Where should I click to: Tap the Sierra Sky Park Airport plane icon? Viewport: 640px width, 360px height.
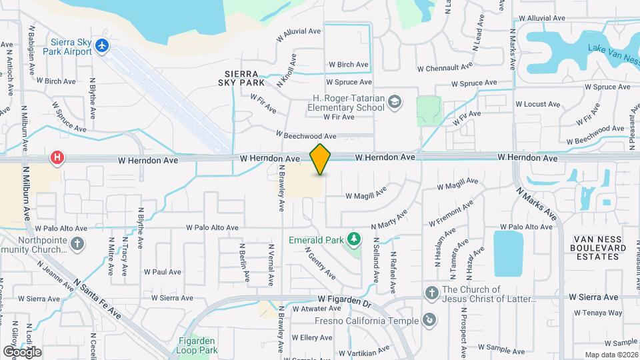pos(101,45)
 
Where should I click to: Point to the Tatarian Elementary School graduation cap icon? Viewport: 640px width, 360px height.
pos(395,101)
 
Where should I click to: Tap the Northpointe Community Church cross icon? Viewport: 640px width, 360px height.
pos(78,243)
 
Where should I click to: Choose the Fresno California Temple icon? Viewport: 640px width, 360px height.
pos(431,321)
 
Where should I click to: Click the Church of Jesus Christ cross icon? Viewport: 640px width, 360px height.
pos(431,292)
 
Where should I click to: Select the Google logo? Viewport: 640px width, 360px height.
pos(22,351)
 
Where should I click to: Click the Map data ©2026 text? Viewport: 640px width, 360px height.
pos(611,355)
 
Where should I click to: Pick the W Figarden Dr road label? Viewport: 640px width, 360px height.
pos(344,301)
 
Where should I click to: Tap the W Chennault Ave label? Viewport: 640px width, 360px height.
pos(445,67)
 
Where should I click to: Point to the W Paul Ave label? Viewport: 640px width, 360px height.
pos(162,271)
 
